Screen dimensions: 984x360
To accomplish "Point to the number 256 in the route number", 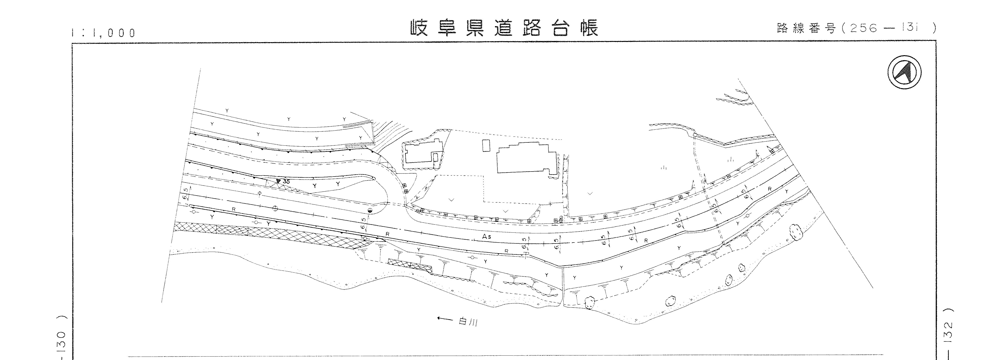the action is coord(861,28).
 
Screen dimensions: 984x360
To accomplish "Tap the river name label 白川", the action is coord(468,322).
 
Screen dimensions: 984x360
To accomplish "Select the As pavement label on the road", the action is coord(486,237).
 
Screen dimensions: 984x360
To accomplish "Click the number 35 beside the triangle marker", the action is coord(287,182).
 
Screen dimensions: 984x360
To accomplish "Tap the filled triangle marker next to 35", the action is coord(279,181).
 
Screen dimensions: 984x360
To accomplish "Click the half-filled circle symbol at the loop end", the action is coord(370,211).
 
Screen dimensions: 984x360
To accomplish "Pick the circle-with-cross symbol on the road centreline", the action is coord(275,208).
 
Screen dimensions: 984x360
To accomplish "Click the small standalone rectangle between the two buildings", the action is coord(486,146).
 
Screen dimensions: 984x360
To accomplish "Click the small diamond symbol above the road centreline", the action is coord(260,193).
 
